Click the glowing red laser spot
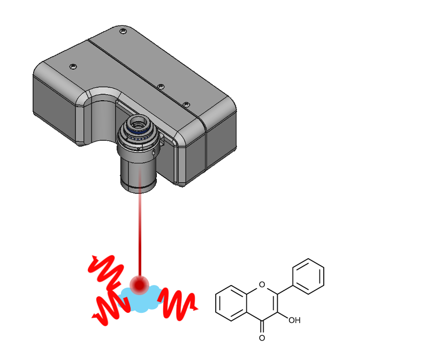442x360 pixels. [141, 284]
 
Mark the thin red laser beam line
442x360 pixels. [140, 230]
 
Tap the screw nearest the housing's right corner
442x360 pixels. [186, 104]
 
